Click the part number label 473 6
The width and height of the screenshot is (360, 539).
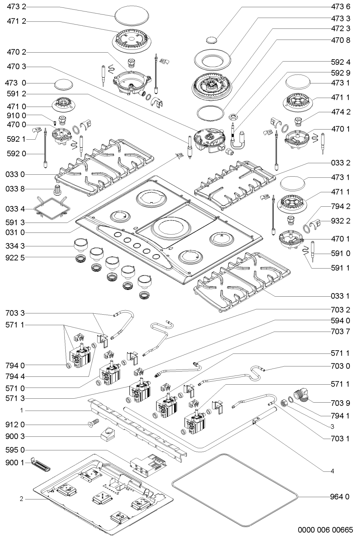point(341,7)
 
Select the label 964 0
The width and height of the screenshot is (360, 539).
point(341,497)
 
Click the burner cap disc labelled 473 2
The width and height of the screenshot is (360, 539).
point(131,16)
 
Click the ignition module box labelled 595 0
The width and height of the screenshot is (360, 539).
point(149,464)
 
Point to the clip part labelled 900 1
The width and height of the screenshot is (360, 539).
point(40,464)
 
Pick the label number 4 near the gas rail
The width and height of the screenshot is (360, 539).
point(332,471)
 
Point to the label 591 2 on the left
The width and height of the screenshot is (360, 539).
point(15,94)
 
